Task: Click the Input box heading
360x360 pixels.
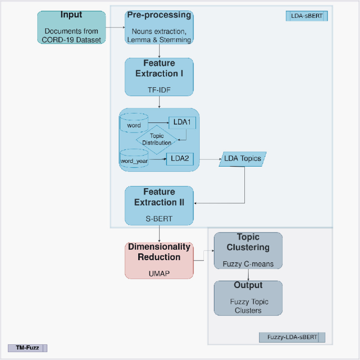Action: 71,15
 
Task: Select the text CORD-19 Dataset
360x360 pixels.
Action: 71,40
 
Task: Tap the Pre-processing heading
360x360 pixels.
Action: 159,15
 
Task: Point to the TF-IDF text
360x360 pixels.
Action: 159,90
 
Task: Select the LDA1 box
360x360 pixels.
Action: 182,122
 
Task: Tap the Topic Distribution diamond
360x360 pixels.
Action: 157,139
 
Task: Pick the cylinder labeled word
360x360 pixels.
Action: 134,124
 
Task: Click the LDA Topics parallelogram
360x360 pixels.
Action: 242,158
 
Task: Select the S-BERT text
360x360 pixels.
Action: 159,217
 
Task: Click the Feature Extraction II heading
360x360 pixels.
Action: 159,197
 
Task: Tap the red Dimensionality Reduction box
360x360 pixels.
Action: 159,260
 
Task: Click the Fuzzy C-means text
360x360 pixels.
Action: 248,264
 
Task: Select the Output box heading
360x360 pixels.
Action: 248,285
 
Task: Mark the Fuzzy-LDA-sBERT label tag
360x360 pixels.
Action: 292,337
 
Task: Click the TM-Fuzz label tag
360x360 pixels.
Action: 27,347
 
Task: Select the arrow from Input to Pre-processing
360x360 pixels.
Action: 115,27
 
